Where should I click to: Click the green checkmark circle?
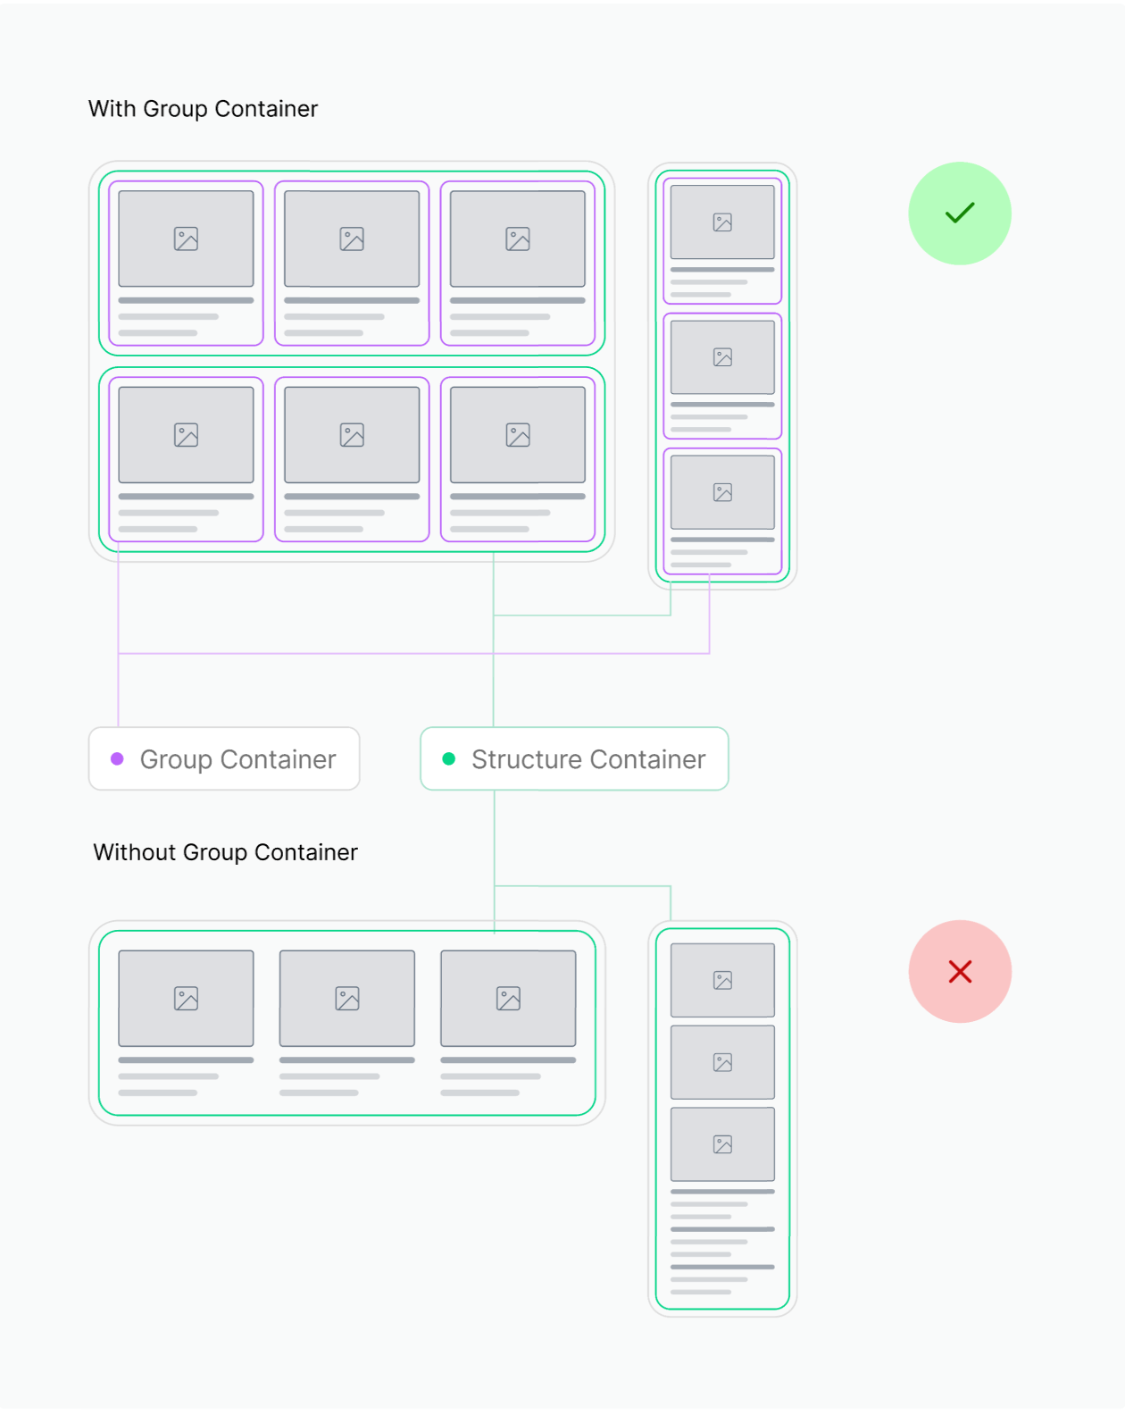click(x=960, y=214)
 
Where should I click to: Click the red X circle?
click(x=960, y=971)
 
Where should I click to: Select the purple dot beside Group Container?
click(x=117, y=758)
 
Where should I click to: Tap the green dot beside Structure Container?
click(x=449, y=758)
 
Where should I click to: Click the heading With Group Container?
click(x=203, y=109)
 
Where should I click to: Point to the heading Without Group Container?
click(x=225, y=852)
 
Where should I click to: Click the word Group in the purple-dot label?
click(x=176, y=759)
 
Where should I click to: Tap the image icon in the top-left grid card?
click(x=186, y=239)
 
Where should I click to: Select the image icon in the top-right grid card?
click(x=518, y=239)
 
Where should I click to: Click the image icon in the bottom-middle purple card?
click(x=352, y=435)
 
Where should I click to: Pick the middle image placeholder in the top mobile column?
click(x=722, y=357)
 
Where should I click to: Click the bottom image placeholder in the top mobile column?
click(x=722, y=492)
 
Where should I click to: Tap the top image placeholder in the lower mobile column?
click(x=722, y=980)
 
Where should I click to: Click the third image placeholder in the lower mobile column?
click(x=722, y=1144)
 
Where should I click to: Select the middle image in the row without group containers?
click(x=347, y=998)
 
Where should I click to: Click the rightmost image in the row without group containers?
click(x=508, y=998)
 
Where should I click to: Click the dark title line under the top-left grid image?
click(x=186, y=300)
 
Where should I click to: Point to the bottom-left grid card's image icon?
click(x=186, y=435)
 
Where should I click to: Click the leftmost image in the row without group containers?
click(x=186, y=998)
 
